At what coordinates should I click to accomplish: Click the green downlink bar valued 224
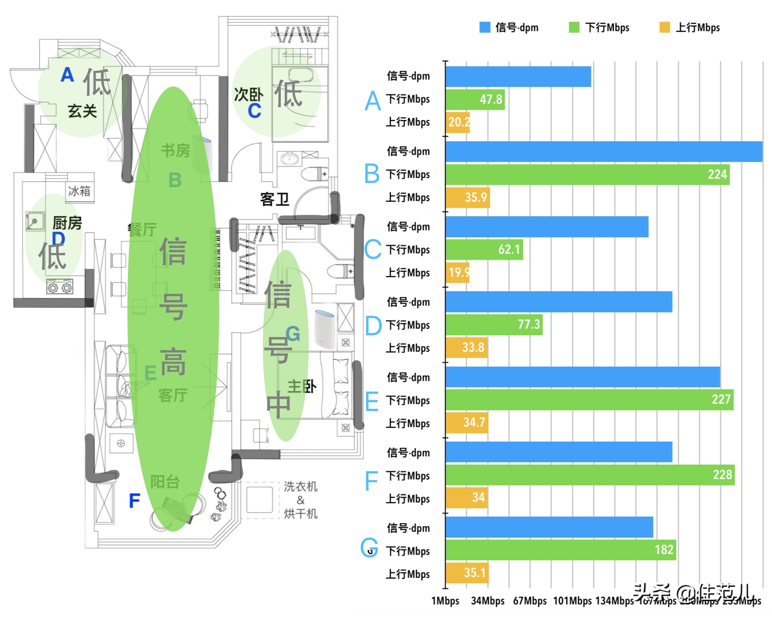[x=587, y=175]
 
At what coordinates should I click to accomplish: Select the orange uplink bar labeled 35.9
[x=467, y=197]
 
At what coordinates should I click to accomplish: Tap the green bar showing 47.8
[x=475, y=100]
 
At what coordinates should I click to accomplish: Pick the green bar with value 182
[x=560, y=550]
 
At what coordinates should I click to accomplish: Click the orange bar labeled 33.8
[x=466, y=348]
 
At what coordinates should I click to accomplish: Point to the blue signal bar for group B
[x=604, y=152]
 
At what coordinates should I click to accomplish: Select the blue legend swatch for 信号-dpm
[x=485, y=27]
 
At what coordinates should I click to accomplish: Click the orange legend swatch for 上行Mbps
[x=665, y=27]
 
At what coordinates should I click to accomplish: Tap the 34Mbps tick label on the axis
[x=487, y=601]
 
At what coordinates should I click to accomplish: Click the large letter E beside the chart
[x=371, y=401]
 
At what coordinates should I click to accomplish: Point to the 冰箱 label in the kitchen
[x=79, y=191]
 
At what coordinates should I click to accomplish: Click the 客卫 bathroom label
[x=274, y=199]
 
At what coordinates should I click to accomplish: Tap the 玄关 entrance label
[x=82, y=111]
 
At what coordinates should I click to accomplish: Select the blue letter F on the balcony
[x=134, y=501]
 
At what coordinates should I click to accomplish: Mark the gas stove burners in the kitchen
[x=60, y=287]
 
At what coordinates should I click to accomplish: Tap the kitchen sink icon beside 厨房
[x=35, y=221]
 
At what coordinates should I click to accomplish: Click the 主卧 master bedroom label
[x=302, y=387]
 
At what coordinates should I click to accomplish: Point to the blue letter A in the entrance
[x=67, y=75]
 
